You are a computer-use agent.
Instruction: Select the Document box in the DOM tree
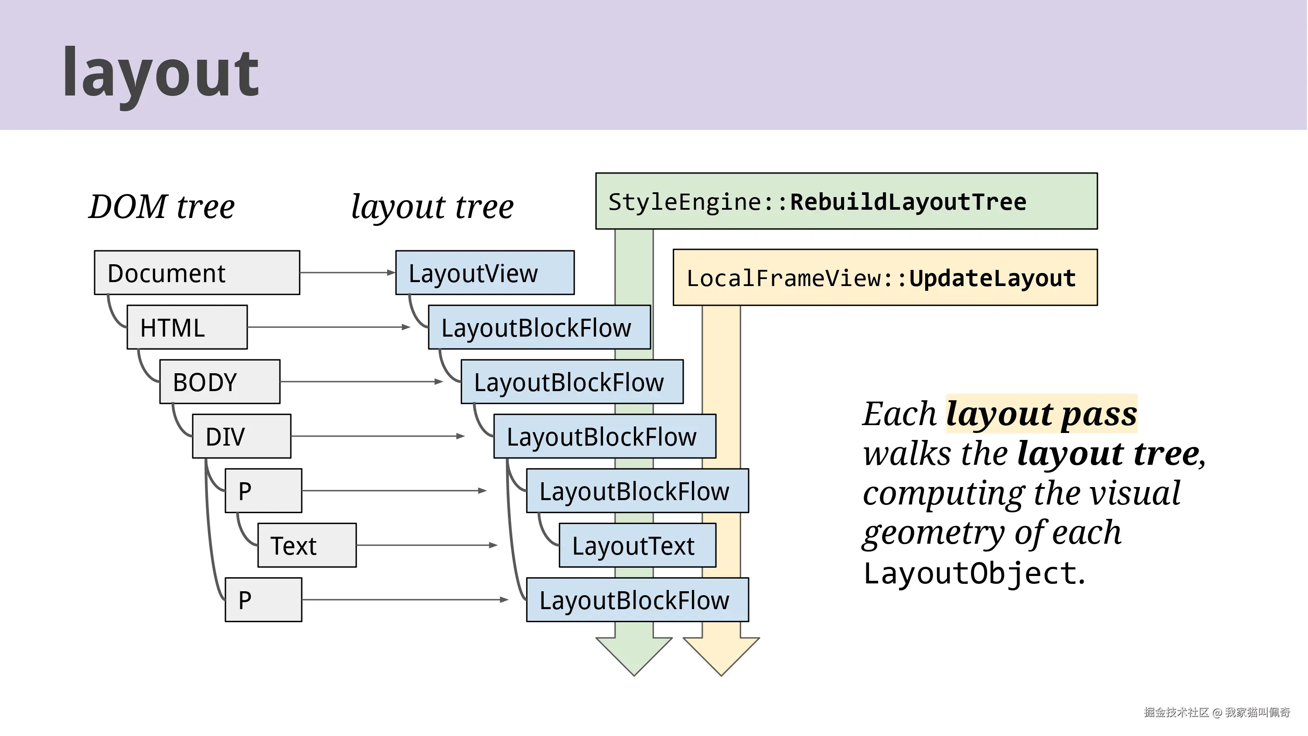click(197, 273)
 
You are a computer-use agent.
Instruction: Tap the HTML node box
click(187, 327)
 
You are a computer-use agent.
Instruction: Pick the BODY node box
click(220, 382)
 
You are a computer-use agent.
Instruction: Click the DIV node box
click(242, 436)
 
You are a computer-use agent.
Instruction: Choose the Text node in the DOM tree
click(307, 545)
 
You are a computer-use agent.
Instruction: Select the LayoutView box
click(485, 273)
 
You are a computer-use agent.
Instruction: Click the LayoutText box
click(638, 545)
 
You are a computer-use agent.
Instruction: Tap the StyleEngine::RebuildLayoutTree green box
click(846, 201)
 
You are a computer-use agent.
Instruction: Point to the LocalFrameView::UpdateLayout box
click(885, 277)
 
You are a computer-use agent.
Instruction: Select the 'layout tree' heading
click(432, 207)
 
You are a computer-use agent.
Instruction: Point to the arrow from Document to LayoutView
click(348, 273)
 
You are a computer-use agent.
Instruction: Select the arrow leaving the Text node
click(427, 545)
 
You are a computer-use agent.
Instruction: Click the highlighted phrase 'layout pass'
click(1042, 413)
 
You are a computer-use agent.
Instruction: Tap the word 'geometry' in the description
click(934, 533)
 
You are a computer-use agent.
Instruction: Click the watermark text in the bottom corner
click(1216, 712)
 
